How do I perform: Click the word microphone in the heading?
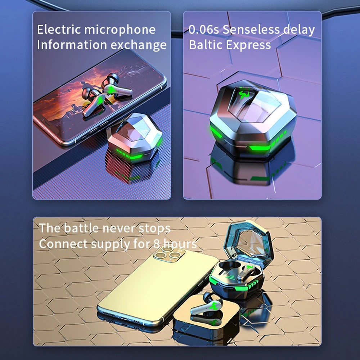tap(120, 30)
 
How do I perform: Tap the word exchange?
tap(139, 45)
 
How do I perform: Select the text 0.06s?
tap(204, 30)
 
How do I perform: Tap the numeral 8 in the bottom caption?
tap(157, 244)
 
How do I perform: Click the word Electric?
tap(59, 30)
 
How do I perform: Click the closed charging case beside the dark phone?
tap(135, 138)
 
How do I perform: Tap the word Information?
tap(72, 45)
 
